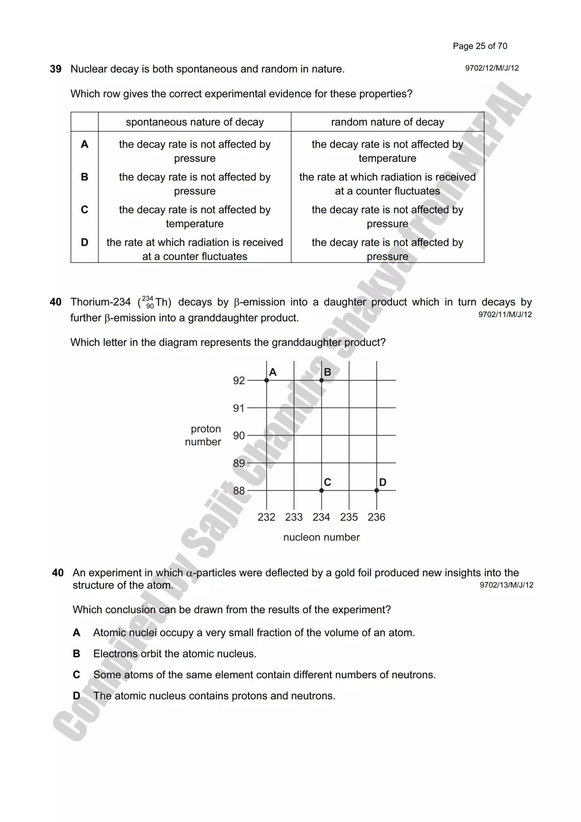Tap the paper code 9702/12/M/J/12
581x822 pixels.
point(492,68)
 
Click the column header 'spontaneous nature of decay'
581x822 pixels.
point(195,122)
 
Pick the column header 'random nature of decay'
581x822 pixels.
point(388,122)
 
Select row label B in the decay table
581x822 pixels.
point(85,177)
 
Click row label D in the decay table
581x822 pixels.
point(85,242)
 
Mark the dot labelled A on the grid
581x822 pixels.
point(267,380)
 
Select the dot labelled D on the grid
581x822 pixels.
point(377,490)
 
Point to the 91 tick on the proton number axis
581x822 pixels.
point(239,408)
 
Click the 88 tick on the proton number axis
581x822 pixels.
point(239,490)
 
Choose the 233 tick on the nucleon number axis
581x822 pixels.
point(294,517)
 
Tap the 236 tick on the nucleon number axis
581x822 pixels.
point(376,517)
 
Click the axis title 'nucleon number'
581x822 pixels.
point(321,537)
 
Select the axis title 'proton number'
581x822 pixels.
point(203,435)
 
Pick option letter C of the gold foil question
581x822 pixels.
point(76,674)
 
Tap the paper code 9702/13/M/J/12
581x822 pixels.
point(506,585)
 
